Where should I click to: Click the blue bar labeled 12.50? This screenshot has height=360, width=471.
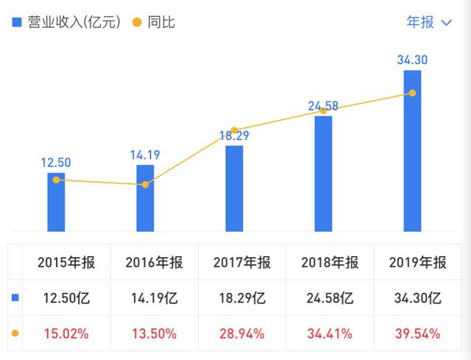(x=56, y=202)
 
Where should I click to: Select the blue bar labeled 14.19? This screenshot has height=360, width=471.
(x=145, y=198)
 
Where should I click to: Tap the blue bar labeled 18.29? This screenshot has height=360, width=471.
(x=234, y=188)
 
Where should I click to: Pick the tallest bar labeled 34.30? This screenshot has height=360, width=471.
(x=412, y=151)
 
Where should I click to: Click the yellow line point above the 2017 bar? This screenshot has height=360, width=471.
(x=234, y=130)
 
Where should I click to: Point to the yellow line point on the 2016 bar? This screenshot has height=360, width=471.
(x=145, y=185)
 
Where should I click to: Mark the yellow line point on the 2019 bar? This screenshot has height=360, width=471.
(x=412, y=93)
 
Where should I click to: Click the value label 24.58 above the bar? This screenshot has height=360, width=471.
(x=323, y=106)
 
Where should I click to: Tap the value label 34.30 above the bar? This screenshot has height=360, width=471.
(x=412, y=60)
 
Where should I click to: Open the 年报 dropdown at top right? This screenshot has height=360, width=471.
(x=429, y=22)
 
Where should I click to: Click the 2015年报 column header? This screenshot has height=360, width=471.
(x=66, y=263)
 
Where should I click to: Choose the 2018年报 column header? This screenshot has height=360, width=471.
(x=330, y=263)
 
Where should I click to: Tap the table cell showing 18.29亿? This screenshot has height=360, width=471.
(x=242, y=298)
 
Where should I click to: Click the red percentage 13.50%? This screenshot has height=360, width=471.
(x=154, y=333)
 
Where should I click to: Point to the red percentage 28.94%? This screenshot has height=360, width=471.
(x=242, y=333)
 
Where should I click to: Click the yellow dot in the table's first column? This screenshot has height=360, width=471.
(x=15, y=333)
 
